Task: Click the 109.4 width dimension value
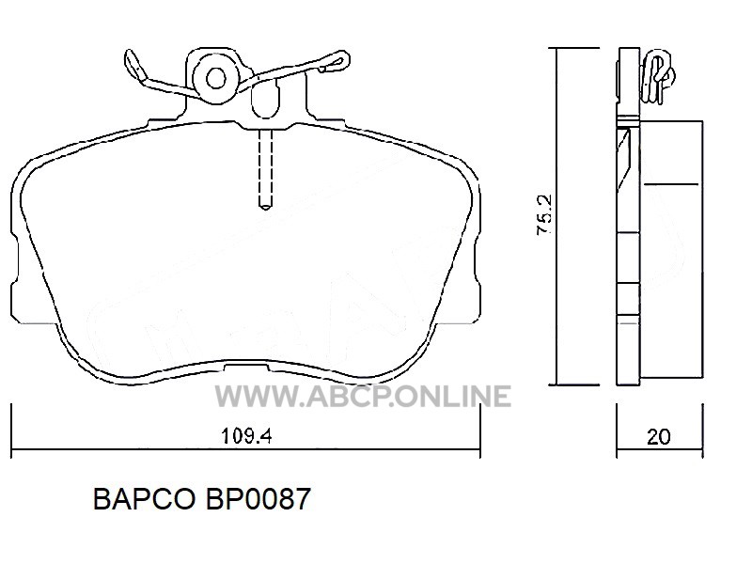pos(246,436)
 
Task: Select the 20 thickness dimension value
pos(659,437)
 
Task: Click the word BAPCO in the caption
pos(145,499)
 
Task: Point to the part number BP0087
pos(258,499)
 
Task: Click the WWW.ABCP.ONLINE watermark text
pos(363,397)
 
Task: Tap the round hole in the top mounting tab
pos(216,78)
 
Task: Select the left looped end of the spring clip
pos(134,66)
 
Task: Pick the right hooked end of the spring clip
pos(335,62)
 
